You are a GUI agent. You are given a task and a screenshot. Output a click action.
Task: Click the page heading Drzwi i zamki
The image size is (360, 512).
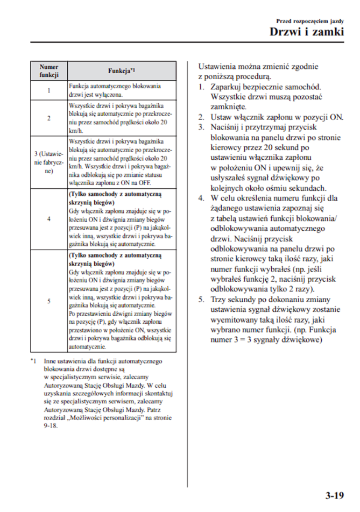(307, 32)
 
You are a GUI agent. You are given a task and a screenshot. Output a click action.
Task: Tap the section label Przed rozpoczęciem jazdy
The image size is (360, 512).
(310, 20)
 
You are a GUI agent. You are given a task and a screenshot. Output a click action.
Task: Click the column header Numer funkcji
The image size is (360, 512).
(49, 71)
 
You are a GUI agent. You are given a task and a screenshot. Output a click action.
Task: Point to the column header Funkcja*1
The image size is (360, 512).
(121, 71)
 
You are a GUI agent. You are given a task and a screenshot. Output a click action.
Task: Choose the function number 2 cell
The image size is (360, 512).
(49, 118)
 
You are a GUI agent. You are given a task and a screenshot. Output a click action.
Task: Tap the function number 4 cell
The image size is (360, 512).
(49, 219)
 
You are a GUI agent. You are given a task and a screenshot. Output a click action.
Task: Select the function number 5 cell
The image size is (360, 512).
(49, 301)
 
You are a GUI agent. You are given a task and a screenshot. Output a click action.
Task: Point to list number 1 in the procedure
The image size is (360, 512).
(200, 87)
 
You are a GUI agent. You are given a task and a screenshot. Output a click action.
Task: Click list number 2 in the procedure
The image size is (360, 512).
(200, 117)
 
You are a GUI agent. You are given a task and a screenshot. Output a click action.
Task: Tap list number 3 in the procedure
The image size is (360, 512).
(200, 127)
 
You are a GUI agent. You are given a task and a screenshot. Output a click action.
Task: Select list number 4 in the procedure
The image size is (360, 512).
(200, 198)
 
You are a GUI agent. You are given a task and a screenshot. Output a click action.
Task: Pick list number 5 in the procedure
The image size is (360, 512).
(200, 300)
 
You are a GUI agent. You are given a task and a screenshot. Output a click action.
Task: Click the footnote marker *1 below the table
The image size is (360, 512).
(34, 361)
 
